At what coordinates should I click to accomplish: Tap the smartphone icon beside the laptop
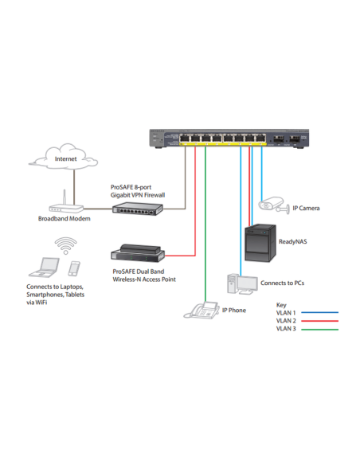74,269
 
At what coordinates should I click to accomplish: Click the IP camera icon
272,206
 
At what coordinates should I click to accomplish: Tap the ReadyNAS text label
292,241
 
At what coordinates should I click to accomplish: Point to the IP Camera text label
306,208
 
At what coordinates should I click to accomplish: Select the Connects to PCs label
282,283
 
